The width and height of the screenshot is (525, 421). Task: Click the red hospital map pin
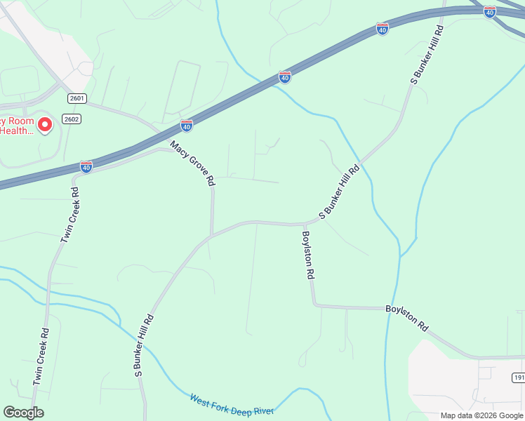(44, 125)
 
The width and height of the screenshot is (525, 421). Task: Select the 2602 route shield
(71, 119)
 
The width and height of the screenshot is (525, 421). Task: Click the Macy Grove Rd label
(192, 162)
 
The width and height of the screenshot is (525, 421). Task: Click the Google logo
(23, 413)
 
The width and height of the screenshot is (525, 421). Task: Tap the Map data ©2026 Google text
(481, 415)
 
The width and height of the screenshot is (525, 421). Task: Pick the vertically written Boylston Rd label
(307, 256)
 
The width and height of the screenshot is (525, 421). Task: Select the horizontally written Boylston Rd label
(406, 318)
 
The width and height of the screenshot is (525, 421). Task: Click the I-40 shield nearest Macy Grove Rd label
(186, 126)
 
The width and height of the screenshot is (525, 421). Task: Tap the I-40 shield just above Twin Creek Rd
(86, 166)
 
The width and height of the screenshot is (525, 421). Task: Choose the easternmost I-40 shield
(490, 12)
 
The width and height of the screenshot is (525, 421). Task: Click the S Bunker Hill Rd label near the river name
(142, 346)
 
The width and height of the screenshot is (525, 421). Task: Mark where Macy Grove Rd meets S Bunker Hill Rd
(211, 235)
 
